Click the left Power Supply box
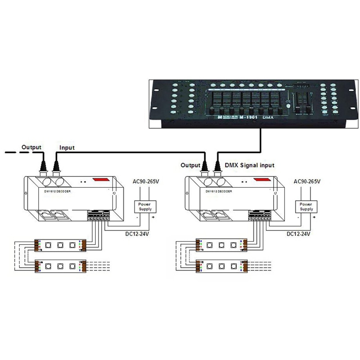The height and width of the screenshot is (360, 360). coord(145,207)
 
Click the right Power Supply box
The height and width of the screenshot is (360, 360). coord(306,207)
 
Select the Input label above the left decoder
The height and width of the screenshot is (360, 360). coord(67,147)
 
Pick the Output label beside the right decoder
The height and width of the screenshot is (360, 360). coord(190,165)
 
